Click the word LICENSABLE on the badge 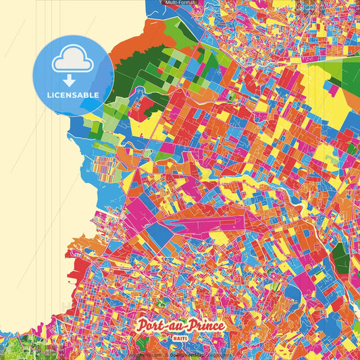pos(73,95)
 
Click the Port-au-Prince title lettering pos(180,326)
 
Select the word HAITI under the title pos(180,337)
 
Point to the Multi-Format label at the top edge pos(180,3)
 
